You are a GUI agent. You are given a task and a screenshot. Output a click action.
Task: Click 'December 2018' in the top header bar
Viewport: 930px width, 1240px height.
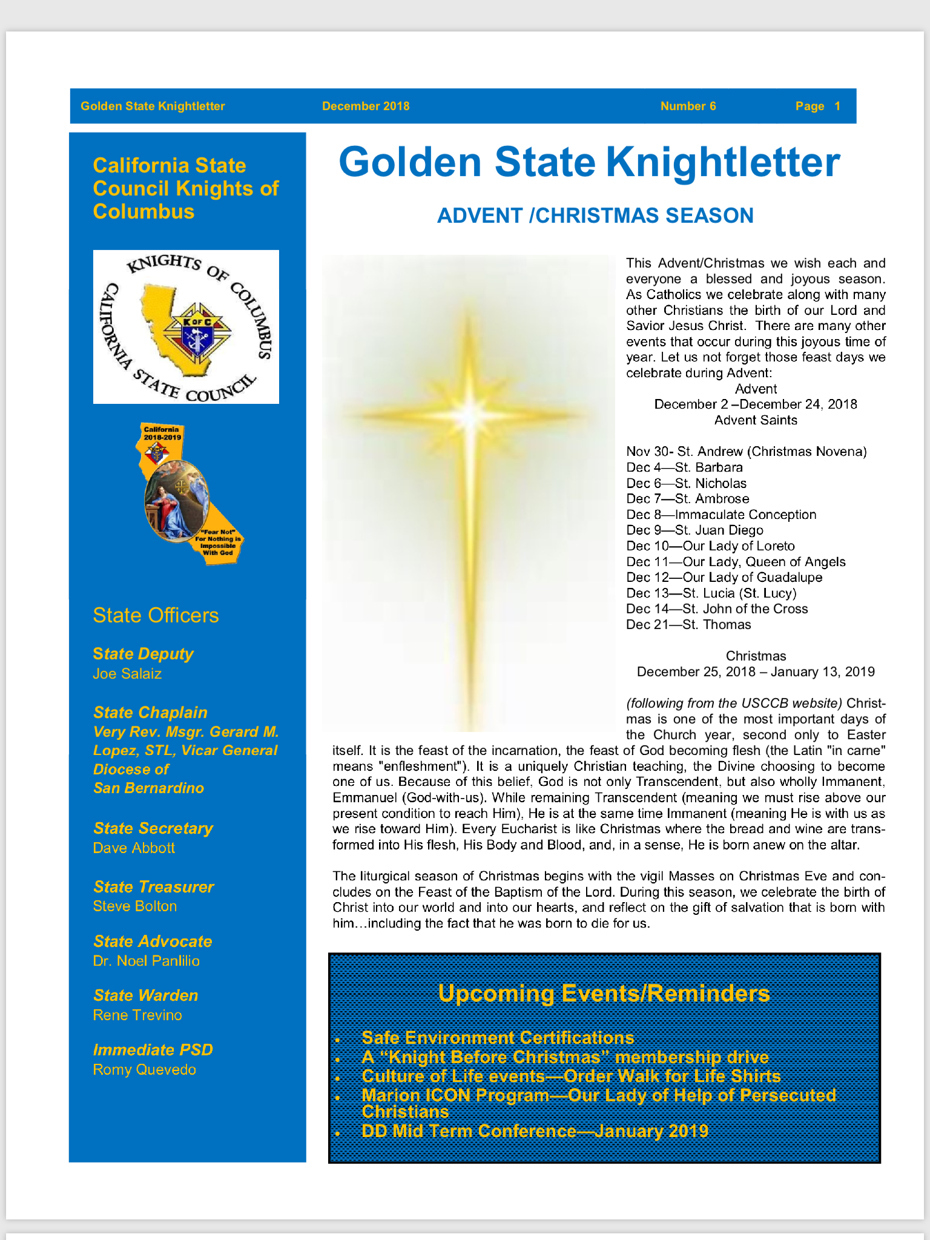[366, 107]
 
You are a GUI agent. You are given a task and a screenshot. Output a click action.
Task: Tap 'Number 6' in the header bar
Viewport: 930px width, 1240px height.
[688, 107]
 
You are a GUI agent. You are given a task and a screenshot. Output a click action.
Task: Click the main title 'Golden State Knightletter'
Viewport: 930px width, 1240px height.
[589, 162]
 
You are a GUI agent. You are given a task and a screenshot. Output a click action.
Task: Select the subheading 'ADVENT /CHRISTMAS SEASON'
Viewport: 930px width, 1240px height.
[595, 216]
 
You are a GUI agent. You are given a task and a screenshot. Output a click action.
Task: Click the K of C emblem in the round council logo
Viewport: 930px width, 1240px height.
[196, 330]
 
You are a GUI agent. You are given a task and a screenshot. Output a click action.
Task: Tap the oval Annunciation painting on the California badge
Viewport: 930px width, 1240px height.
[176, 501]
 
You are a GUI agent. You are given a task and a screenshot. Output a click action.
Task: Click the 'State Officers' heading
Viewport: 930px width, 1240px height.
[156, 615]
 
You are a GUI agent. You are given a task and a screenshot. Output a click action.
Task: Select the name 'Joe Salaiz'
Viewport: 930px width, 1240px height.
[127, 674]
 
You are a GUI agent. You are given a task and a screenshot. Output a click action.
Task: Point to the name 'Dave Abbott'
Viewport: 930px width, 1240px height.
[134, 848]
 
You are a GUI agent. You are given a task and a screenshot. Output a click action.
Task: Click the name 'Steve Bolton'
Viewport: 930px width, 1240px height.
[135, 906]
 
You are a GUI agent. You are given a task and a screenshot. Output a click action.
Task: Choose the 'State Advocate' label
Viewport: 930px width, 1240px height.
[153, 942]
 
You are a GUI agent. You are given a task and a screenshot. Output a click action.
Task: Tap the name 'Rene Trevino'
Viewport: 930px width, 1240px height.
[137, 1015]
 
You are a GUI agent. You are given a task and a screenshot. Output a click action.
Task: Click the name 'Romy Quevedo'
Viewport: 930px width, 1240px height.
[145, 1070]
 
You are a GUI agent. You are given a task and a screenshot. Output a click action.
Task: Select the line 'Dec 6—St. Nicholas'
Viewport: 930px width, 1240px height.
[686, 483]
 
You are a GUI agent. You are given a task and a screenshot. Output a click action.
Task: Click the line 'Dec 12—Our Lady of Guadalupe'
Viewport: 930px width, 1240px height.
[724, 578]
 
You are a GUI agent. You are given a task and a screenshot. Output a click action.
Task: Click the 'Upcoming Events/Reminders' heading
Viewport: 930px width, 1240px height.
[604, 994]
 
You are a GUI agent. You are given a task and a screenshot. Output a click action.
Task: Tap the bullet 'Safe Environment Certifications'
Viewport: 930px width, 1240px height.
[498, 1038]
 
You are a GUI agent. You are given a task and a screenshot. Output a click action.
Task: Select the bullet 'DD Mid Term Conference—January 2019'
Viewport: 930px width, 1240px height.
[535, 1131]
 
